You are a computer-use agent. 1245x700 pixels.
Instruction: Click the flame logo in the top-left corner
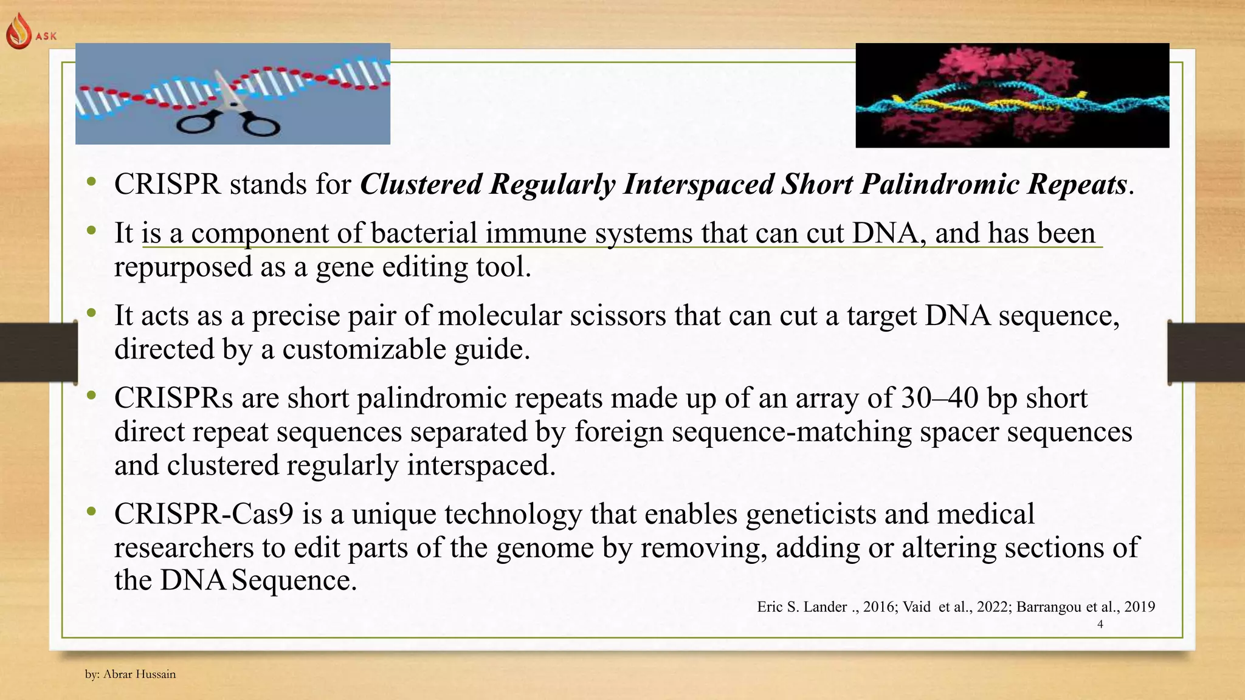(18, 32)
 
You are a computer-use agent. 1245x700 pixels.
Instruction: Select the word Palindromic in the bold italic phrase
(939, 184)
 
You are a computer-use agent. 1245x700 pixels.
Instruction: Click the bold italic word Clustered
(421, 184)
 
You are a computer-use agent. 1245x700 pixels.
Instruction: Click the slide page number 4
(1100, 624)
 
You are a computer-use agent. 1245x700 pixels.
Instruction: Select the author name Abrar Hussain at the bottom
(139, 674)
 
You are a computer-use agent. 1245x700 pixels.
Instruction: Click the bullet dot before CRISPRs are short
(91, 396)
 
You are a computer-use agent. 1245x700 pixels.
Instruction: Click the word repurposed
(183, 267)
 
